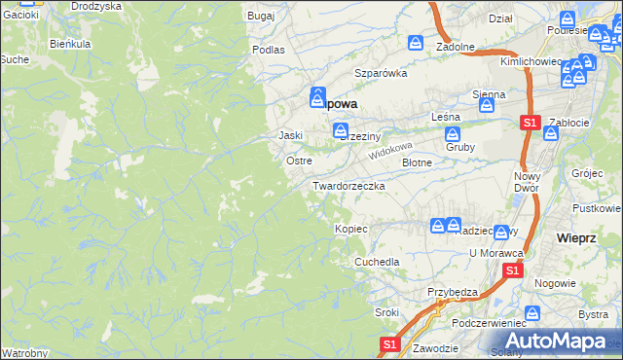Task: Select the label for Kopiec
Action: click(350, 229)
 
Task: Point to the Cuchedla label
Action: click(377, 263)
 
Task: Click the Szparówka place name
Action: click(380, 73)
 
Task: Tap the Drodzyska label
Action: click(95, 6)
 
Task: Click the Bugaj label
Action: click(261, 18)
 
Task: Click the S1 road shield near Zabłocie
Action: click(530, 124)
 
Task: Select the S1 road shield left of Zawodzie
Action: click(389, 344)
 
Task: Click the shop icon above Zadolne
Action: click(416, 43)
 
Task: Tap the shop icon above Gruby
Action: click(453, 131)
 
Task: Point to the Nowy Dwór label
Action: click(527, 182)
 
